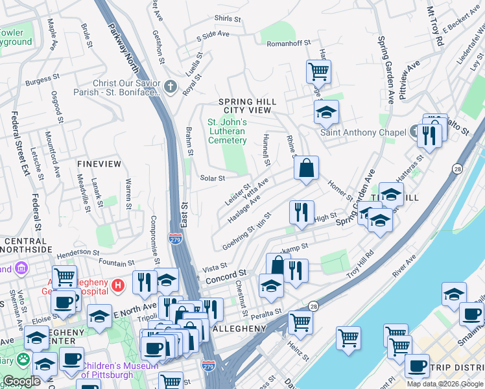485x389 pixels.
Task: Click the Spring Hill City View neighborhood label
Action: click(248, 106)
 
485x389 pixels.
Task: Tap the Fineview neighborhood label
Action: click(99, 164)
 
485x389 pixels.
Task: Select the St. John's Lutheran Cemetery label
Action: click(227, 131)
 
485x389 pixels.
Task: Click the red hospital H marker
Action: click(117, 285)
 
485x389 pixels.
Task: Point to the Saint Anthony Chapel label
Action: click(358, 133)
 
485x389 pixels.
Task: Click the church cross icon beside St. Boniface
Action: click(170, 87)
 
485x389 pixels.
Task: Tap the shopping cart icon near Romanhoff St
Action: click(318, 71)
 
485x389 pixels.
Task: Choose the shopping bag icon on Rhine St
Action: click(306, 168)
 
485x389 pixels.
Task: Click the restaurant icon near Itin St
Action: click(302, 212)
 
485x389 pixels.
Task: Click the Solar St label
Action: click(213, 178)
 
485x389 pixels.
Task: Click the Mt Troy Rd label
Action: click(435, 25)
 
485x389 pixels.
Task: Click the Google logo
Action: click(21, 381)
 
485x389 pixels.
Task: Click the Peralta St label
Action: click(268, 312)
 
